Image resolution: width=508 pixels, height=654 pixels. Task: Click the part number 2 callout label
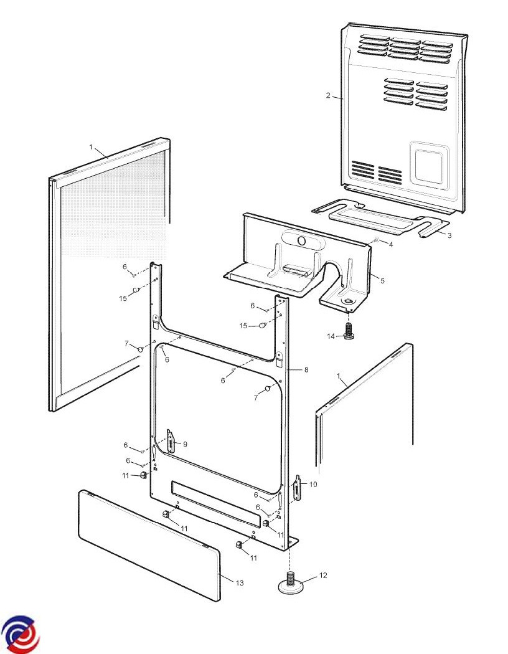(x=328, y=95)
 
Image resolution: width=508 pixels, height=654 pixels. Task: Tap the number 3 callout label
(x=449, y=235)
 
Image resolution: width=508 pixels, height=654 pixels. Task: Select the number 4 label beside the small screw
(x=391, y=245)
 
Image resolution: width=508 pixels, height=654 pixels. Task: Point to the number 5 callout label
(x=383, y=281)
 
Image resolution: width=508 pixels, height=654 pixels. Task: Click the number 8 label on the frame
(x=306, y=369)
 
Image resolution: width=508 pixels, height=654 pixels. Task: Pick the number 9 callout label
(x=185, y=444)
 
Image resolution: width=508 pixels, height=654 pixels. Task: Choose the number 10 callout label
(x=313, y=484)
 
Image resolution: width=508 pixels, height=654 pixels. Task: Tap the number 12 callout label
(x=323, y=576)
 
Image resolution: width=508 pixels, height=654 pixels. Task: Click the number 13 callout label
(x=240, y=583)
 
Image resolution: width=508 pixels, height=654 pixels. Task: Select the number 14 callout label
(x=331, y=336)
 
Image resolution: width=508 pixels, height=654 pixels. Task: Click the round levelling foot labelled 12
(x=291, y=583)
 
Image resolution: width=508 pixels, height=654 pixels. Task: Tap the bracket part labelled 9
(x=171, y=441)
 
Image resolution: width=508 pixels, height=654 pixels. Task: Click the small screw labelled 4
(x=376, y=240)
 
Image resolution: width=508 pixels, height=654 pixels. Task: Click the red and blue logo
(x=20, y=634)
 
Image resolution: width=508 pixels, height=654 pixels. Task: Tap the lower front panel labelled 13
(x=149, y=546)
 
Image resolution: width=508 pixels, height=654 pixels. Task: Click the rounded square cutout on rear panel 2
(x=429, y=166)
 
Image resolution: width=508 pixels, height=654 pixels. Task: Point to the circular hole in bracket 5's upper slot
(x=303, y=242)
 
